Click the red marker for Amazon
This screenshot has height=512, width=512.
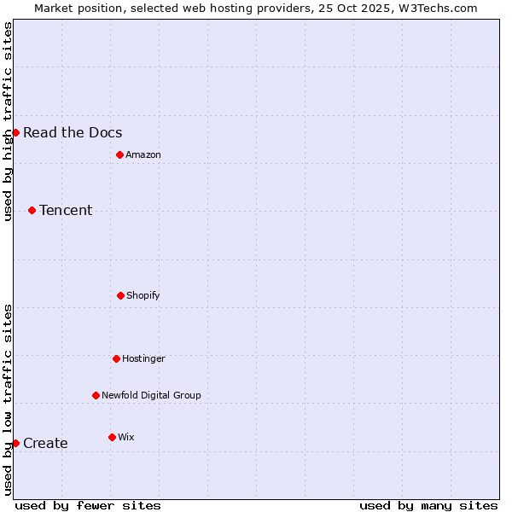click(x=119, y=154)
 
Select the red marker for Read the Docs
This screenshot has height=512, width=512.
click(x=15, y=132)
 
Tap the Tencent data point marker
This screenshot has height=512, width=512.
click(x=32, y=210)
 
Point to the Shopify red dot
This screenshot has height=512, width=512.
click(x=120, y=295)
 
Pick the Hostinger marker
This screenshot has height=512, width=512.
click(x=116, y=358)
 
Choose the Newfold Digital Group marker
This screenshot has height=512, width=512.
click(x=96, y=395)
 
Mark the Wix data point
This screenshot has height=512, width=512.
click(x=112, y=437)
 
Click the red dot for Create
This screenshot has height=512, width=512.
click(x=15, y=443)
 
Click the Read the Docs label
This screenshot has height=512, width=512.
click(x=73, y=132)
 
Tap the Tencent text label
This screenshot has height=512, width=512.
click(x=66, y=210)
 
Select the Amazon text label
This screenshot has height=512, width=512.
click(x=143, y=154)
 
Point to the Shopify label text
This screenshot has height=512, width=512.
click(x=143, y=295)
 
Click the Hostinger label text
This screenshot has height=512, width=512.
click(x=143, y=358)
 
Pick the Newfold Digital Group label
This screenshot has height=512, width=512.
click(x=151, y=395)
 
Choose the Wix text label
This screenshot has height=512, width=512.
click(x=126, y=437)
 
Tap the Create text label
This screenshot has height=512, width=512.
click(x=45, y=443)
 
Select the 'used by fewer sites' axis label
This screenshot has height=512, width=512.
click(x=88, y=505)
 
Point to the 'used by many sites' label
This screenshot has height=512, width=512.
click(x=428, y=505)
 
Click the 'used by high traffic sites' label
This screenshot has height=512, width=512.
click(x=8, y=121)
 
